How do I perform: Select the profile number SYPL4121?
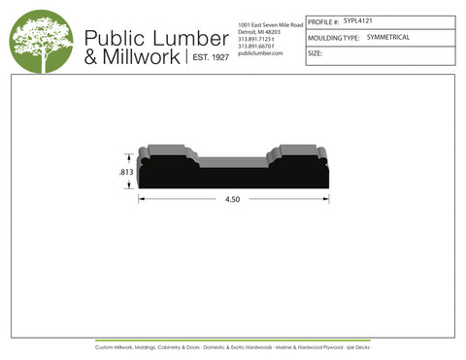[x=358, y=20]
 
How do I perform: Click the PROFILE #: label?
[x=322, y=21]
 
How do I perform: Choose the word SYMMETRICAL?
[x=388, y=37]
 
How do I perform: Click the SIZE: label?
[x=315, y=54]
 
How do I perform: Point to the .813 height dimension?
[x=125, y=171]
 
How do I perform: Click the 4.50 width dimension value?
[x=233, y=200]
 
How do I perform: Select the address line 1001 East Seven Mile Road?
[x=270, y=22]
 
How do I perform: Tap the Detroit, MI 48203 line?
[x=257, y=30]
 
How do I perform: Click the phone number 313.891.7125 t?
[x=256, y=38]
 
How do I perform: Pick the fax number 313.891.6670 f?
[x=256, y=46]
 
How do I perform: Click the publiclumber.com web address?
[x=259, y=53]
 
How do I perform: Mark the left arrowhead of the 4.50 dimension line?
[x=142, y=200]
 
